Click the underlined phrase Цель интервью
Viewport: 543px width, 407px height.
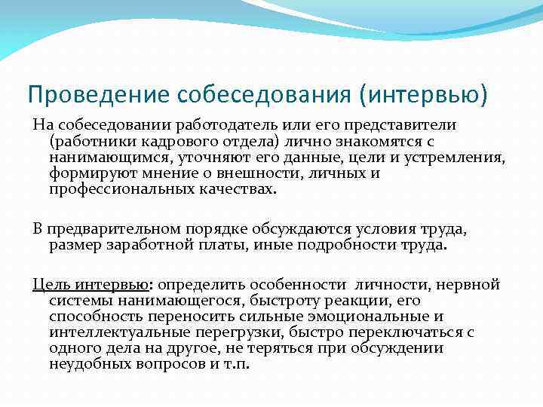pos(90,285)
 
